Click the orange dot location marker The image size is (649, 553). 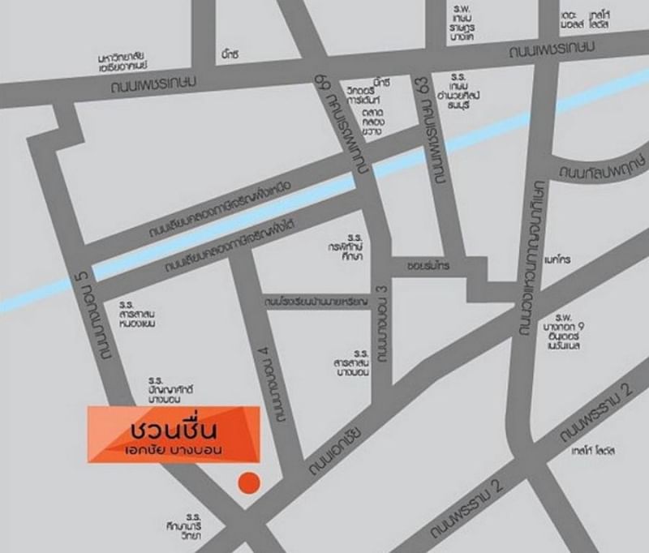point(249,482)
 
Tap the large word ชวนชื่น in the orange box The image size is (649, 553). point(175,426)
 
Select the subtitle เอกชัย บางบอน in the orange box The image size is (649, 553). point(174,448)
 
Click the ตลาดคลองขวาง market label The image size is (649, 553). point(374,122)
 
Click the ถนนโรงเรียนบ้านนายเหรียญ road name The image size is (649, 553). point(316,302)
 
